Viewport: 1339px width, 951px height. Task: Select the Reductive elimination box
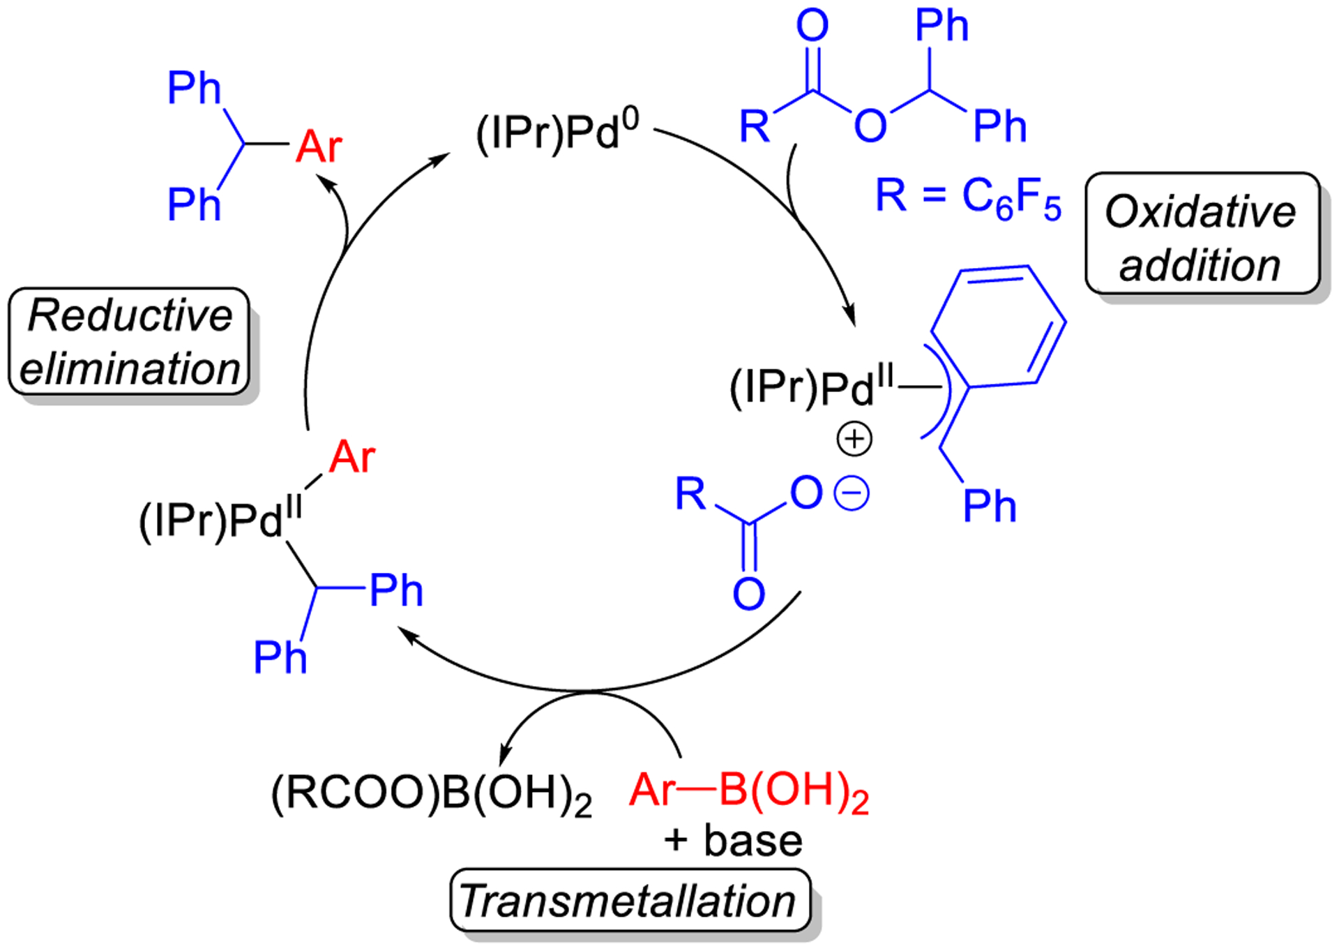coord(130,342)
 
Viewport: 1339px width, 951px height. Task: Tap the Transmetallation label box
coord(629,900)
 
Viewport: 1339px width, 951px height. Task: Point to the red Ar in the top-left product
coord(319,147)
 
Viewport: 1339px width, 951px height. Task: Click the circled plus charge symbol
coord(854,439)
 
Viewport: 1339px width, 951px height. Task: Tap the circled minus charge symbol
coord(852,494)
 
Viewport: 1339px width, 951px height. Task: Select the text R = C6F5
coord(968,197)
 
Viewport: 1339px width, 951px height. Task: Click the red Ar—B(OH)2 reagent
coord(749,792)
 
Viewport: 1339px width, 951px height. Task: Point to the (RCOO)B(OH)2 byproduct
coord(432,794)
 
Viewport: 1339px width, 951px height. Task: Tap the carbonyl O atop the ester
coord(812,26)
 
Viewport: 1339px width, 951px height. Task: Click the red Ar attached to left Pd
coord(352,458)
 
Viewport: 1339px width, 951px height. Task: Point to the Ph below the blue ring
coord(989,506)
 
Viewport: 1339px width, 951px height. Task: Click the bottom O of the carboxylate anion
coord(748,594)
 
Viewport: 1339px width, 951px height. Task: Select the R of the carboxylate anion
coord(690,494)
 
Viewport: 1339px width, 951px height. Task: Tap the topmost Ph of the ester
coord(941,27)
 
